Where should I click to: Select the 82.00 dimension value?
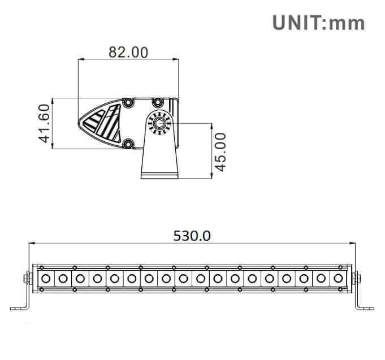pos(128,52)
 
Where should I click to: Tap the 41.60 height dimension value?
pos(45,123)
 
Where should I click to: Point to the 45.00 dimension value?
pos(220,151)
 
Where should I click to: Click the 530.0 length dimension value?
pos(192,236)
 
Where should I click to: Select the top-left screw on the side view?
pos(128,102)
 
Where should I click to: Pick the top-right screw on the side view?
pos(157,102)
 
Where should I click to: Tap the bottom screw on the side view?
pos(128,144)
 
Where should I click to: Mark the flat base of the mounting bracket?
pos(161,176)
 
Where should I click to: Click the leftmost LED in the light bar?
pos(46,277)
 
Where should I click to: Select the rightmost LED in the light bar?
pos(339,277)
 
